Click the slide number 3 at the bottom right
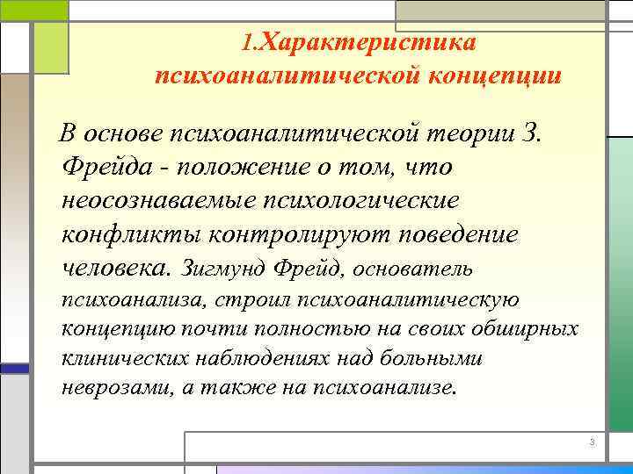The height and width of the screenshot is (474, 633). click(x=593, y=442)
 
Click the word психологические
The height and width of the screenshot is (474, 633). click(x=361, y=200)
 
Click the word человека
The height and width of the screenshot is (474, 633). click(x=117, y=267)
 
